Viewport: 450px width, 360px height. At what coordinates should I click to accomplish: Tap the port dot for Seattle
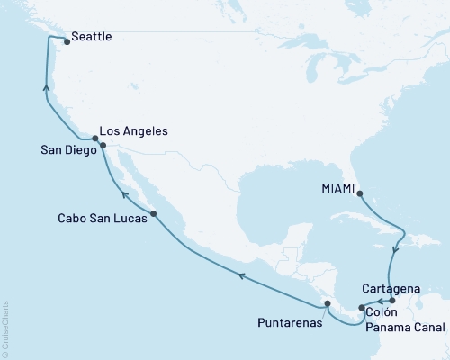click(67, 40)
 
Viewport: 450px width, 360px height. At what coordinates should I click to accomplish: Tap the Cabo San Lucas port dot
click(155, 213)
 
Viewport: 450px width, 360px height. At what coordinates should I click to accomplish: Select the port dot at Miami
click(359, 192)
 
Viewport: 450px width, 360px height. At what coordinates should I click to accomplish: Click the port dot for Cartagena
click(391, 300)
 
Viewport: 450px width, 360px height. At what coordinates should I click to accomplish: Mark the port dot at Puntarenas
click(328, 303)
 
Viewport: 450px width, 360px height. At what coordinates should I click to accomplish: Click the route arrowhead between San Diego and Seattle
click(45, 87)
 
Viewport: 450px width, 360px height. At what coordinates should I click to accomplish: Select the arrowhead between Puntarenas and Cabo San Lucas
click(240, 274)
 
